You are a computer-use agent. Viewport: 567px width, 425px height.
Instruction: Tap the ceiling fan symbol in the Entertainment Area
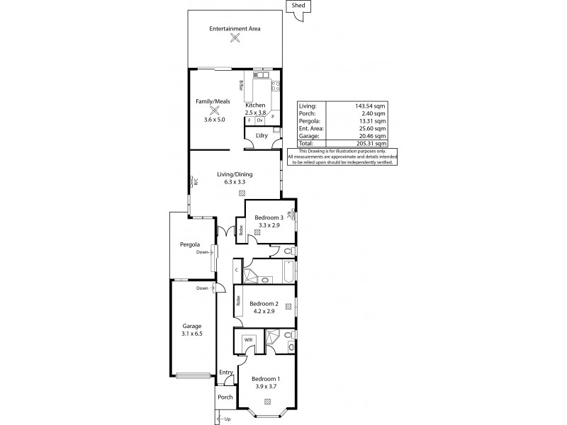click(235, 40)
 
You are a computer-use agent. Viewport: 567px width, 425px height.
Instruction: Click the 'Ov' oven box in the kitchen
click(260, 120)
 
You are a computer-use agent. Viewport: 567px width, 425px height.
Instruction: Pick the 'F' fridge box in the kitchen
click(249, 120)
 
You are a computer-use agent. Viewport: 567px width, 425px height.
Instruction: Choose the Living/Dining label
click(235, 174)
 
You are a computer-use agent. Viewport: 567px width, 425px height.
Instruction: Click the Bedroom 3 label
click(270, 217)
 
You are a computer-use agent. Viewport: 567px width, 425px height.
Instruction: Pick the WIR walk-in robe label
click(249, 340)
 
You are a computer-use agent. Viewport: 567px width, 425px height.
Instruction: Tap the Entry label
click(226, 373)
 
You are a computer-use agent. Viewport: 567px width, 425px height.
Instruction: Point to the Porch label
click(225, 397)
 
